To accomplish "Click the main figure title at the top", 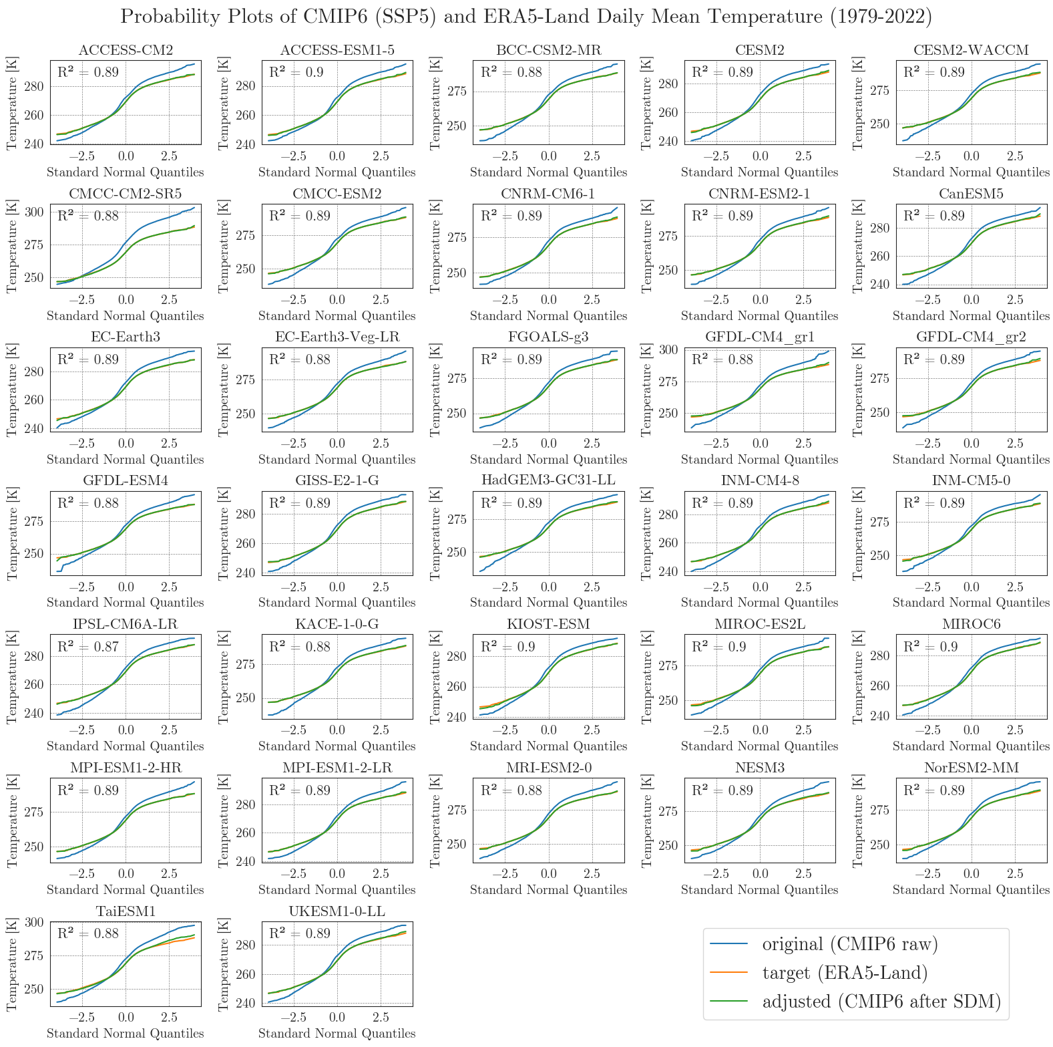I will tap(526, 17).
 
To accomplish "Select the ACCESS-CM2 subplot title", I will tap(126, 50).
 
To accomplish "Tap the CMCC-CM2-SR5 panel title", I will tap(126, 194).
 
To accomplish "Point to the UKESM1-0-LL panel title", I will tap(337, 911).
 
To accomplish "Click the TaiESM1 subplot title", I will tap(126, 911).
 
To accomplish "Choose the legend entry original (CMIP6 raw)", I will tap(850, 943).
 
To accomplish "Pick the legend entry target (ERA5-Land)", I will tap(845, 972).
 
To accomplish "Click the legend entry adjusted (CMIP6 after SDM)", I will tap(881, 1001).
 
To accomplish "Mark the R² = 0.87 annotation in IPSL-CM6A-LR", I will tap(88, 647).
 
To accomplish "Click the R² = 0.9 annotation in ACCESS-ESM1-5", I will tap(296, 72).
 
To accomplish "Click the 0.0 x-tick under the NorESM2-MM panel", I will tap(972, 874).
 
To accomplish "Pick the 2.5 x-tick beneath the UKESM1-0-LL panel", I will tap(381, 1018).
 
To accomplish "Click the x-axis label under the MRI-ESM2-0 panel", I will tap(548, 890).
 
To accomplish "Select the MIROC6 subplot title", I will tap(972, 624).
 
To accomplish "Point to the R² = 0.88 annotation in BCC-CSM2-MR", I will tap(511, 72).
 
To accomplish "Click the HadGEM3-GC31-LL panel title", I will tap(548, 480).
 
